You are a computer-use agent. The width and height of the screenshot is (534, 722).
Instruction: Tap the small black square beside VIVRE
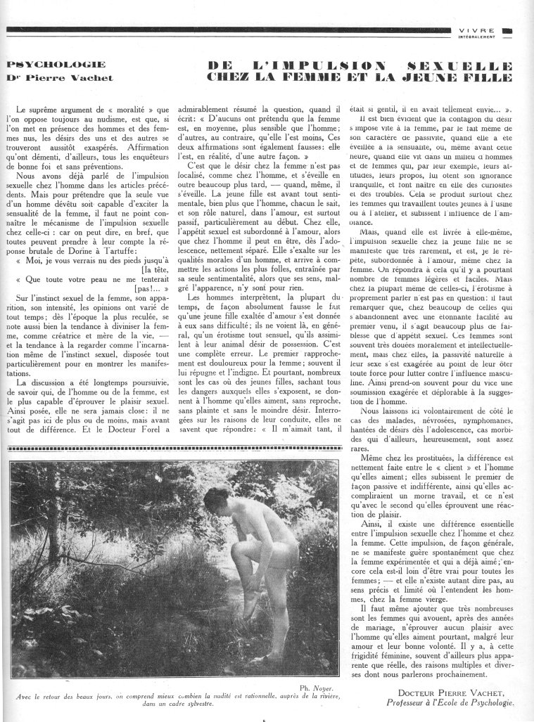pos(507,30)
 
